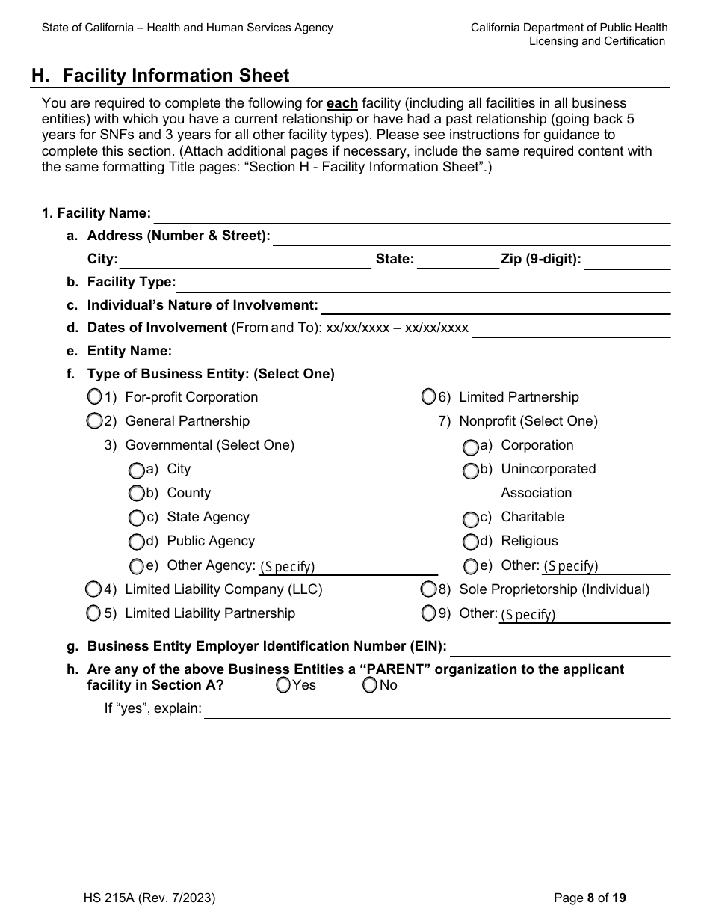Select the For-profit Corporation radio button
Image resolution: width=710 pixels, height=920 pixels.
(95, 396)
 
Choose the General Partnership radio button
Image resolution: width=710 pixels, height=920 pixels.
(94, 421)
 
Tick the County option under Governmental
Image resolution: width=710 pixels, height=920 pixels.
(136, 493)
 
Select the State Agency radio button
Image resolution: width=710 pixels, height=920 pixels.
(136, 517)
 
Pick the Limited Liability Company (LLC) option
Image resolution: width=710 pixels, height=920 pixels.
(93, 589)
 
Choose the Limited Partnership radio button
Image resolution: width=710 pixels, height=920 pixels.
(428, 396)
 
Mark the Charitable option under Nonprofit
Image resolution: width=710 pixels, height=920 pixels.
(470, 518)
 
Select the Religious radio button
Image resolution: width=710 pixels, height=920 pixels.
(470, 541)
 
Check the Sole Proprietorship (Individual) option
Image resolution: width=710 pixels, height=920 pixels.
(428, 589)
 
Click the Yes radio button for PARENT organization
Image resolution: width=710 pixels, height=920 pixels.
(283, 685)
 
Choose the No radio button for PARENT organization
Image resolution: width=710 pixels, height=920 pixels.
(370, 685)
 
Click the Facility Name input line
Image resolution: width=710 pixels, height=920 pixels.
(411, 215)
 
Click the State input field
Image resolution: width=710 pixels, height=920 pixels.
(458, 261)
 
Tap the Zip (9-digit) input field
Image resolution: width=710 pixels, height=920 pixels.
(626, 261)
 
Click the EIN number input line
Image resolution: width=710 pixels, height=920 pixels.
(560, 648)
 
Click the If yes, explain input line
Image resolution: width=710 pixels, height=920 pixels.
(437, 710)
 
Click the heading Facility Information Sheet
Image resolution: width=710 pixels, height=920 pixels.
(176, 76)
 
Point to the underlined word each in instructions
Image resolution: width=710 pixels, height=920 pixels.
(342, 103)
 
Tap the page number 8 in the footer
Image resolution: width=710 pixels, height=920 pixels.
(590, 898)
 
